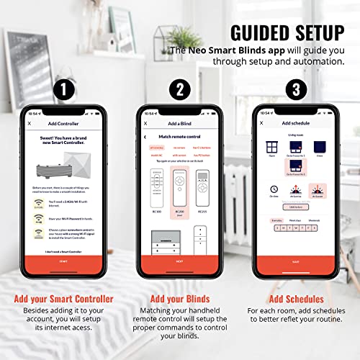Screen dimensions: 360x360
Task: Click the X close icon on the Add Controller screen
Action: pos(30,124)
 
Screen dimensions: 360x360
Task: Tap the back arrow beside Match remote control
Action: pos(146,136)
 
